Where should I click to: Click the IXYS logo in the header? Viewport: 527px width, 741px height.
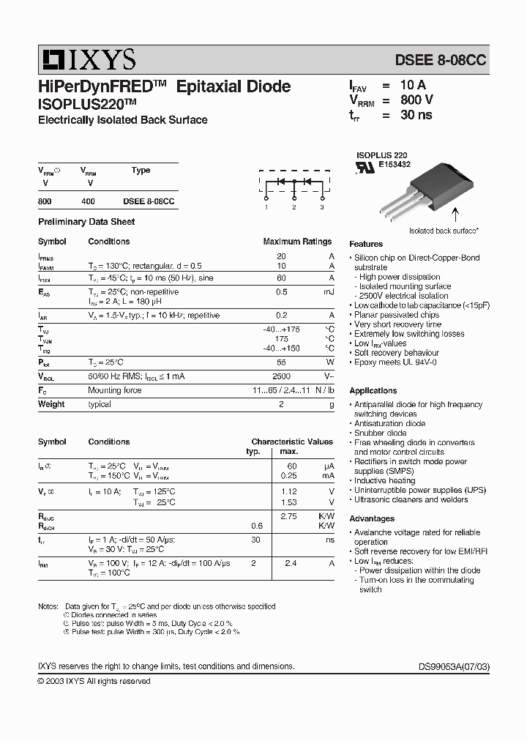click(x=87, y=59)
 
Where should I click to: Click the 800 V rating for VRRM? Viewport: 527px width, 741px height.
click(x=416, y=100)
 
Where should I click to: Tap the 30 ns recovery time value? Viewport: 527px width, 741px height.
click(x=416, y=115)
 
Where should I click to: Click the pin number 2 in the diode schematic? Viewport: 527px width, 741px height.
click(x=294, y=208)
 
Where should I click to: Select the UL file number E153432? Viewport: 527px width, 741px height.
click(x=394, y=165)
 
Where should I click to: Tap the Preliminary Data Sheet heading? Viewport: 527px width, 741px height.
click(x=86, y=222)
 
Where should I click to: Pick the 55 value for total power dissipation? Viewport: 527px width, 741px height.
click(x=281, y=362)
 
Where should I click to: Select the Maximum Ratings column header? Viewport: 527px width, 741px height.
click(x=297, y=241)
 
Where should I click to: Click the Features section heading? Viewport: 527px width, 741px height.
click(x=366, y=244)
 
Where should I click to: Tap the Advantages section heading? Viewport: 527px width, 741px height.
click(x=372, y=518)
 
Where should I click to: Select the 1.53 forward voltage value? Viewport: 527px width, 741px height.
click(x=290, y=502)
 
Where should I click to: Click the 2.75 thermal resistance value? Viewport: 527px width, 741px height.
click(x=290, y=516)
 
